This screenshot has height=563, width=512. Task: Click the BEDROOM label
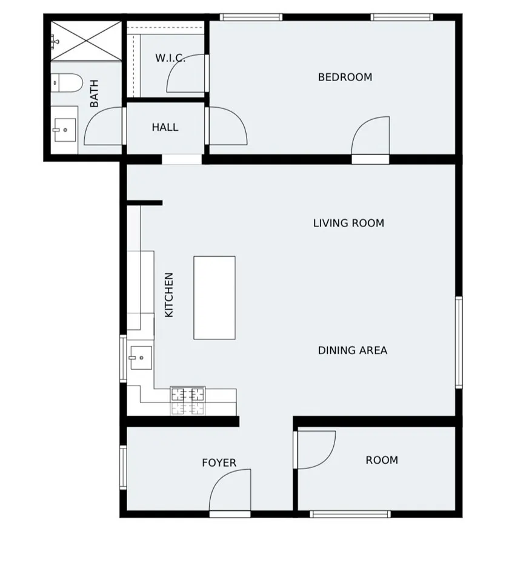point(345,77)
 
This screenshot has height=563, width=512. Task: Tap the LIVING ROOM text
point(348,223)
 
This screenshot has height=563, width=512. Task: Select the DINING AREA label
point(352,350)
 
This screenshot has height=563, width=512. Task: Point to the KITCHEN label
point(169,295)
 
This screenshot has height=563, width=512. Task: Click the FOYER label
point(219,463)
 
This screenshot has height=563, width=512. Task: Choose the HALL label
point(165,127)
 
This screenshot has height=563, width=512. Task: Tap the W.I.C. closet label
point(170,58)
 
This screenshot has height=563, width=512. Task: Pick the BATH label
point(95,94)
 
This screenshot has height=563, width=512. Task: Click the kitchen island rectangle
point(214,297)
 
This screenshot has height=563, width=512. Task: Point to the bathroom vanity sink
point(64,129)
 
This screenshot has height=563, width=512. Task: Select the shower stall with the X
point(86,40)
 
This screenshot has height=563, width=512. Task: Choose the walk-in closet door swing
point(187,74)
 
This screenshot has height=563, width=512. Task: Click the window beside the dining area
point(459,341)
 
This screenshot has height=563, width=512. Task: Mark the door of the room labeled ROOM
point(315,449)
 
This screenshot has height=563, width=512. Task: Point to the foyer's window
point(123,467)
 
